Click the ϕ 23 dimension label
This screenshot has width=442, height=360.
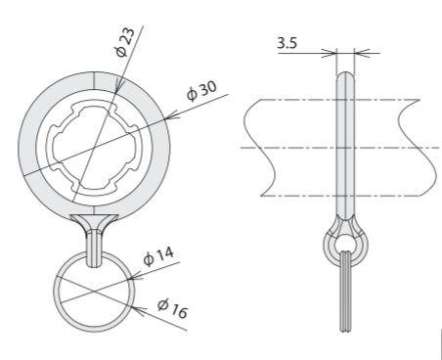[x=125, y=42]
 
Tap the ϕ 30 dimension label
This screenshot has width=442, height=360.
[x=201, y=90]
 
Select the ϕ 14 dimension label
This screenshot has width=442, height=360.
[x=158, y=256]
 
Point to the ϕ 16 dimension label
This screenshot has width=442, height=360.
[x=172, y=309]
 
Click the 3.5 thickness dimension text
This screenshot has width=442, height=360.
[x=287, y=43]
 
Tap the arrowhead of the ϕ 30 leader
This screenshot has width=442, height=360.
[x=172, y=115]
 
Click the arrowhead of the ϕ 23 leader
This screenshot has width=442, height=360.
[x=118, y=86]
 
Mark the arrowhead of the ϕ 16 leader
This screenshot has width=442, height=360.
[x=140, y=310]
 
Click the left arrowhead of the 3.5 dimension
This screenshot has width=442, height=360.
[x=330, y=53]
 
